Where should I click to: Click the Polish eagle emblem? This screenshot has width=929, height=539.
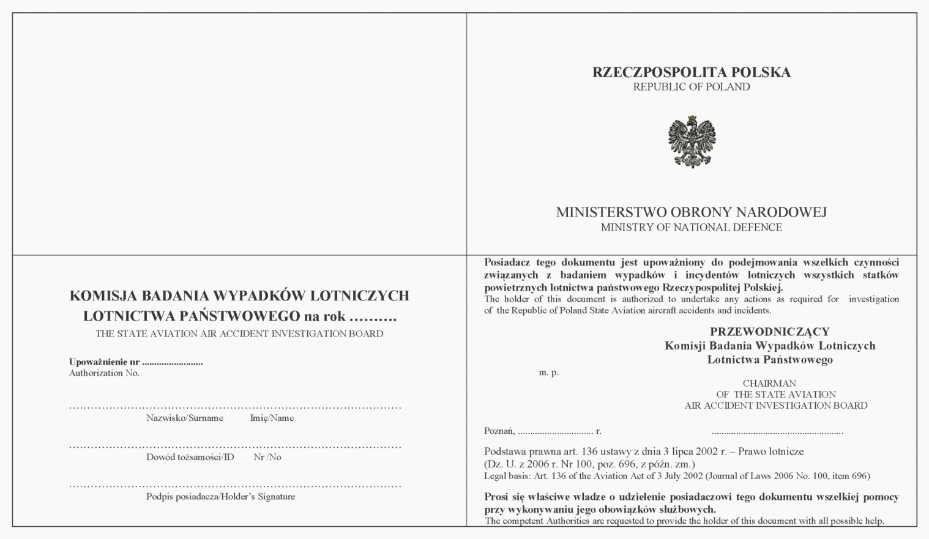[x=692, y=141]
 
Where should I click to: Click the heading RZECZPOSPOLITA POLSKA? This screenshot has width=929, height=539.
[x=691, y=72]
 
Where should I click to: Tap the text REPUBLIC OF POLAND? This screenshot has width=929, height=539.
[x=691, y=87]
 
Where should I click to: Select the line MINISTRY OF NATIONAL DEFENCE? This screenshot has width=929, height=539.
[x=691, y=228]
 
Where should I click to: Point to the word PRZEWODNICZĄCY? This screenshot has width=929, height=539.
[x=769, y=332]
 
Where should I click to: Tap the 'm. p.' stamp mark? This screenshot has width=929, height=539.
[x=548, y=372]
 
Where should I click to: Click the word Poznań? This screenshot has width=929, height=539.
[x=499, y=431]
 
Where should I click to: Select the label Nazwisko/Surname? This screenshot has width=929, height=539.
[x=184, y=418]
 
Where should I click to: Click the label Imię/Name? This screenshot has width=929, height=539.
[x=272, y=418]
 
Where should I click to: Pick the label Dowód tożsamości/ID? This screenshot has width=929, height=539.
[x=190, y=457]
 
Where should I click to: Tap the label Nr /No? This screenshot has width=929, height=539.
[x=267, y=457]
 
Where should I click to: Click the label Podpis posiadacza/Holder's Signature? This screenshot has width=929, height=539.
[x=220, y=496]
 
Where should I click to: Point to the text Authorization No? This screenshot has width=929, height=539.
[x=104, y=373]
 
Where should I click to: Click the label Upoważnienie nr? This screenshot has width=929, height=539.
[x=104, y=362]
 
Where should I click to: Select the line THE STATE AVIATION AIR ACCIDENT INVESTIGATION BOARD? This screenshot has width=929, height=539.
[x=239, y=334]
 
